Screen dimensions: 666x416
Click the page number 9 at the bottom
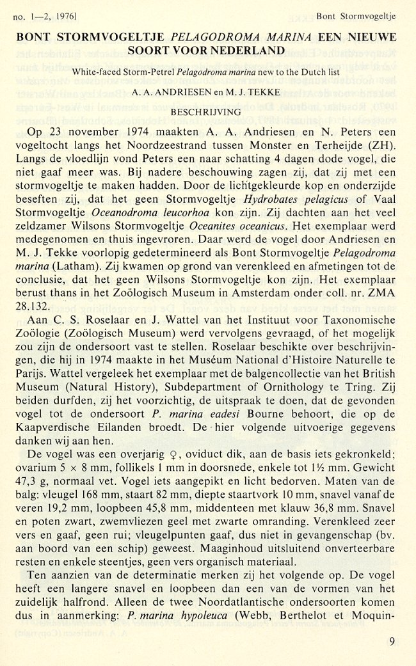tap(392, 641)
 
